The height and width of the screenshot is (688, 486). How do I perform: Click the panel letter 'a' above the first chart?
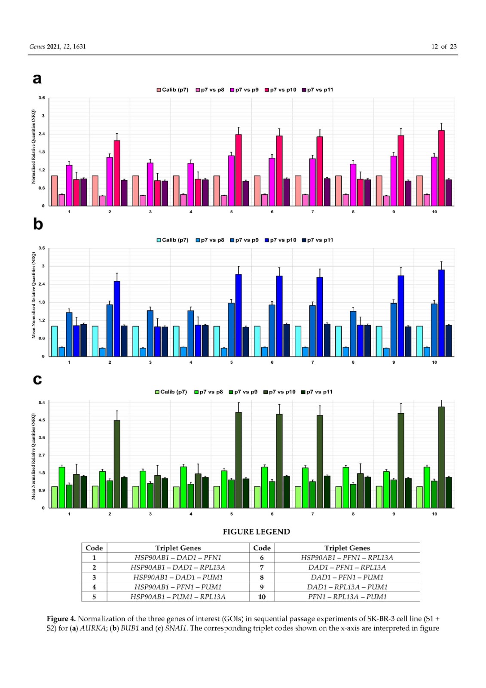pyautogui.click(x=37, y=79)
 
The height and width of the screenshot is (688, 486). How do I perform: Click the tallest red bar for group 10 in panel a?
pyautogui.click(x=441, y=168)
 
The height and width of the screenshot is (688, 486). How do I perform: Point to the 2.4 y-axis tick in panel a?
pyautogui.click(x=42, y=134)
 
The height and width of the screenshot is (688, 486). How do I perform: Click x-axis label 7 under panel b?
pyautogui.click(x=312, y=362)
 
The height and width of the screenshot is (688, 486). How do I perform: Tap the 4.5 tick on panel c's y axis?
pyautogui.click(x=42, y=420)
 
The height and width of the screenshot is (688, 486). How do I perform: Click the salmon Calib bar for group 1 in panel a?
pyautogui.click(x=55, y=190)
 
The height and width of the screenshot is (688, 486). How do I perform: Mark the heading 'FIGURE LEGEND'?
pyautogui.click(x=256, y=532)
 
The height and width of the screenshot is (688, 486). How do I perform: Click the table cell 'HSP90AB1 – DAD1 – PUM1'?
pyautogui.click(x=178, y=577)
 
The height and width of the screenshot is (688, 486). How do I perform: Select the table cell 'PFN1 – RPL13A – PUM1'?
pyautogui.click(x=347, y=597)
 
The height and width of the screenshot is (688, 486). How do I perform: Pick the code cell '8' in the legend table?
pyautogui.click(x=262, y=577)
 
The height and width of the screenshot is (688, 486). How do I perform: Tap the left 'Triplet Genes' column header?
pyautogui.click(x=178, y=548)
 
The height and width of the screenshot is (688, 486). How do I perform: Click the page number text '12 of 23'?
pyautogui.click(x=443, y=46)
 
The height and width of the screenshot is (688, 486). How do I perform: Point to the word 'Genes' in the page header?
pyautogui.click(x=37, y=46)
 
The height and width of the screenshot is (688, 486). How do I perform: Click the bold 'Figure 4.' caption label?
pyautogui.click(x=61, y=619)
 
